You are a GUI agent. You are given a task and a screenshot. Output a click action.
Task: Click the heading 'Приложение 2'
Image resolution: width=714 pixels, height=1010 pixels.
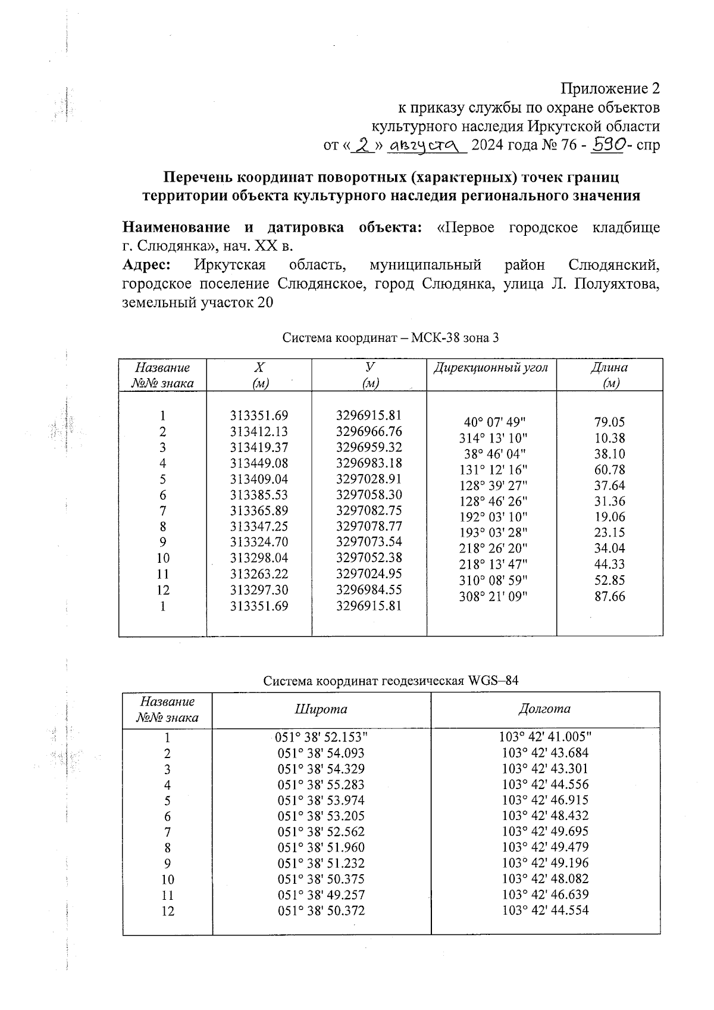pos(610,89)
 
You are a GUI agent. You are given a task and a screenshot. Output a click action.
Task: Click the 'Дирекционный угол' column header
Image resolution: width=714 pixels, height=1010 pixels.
pos(491,367)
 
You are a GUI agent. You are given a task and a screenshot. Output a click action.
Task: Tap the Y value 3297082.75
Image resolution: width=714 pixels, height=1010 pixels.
pos(369,510)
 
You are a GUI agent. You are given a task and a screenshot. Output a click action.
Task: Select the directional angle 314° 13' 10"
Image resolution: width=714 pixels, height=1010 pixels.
pos(494,438)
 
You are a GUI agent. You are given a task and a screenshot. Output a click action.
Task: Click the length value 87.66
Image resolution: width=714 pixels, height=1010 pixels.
pos(610,596)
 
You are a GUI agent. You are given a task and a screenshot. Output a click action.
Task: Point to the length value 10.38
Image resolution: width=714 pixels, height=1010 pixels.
pos(610,438)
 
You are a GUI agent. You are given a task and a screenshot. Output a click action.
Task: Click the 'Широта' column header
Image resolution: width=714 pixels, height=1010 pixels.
pos(321,709)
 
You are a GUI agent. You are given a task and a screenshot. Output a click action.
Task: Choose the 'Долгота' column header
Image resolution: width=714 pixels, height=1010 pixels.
pos(544,709)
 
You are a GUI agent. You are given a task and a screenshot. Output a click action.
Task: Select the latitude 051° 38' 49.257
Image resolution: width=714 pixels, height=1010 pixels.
pos(321,894)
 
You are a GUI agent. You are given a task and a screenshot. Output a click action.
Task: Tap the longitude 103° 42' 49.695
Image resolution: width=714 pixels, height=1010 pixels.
pos(545,831)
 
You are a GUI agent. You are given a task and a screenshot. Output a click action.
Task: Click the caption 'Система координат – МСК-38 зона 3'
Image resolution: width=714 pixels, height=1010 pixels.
pos(390,338)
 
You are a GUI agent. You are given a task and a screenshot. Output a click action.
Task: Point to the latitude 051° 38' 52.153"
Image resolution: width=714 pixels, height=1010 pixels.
pos(322,737)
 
